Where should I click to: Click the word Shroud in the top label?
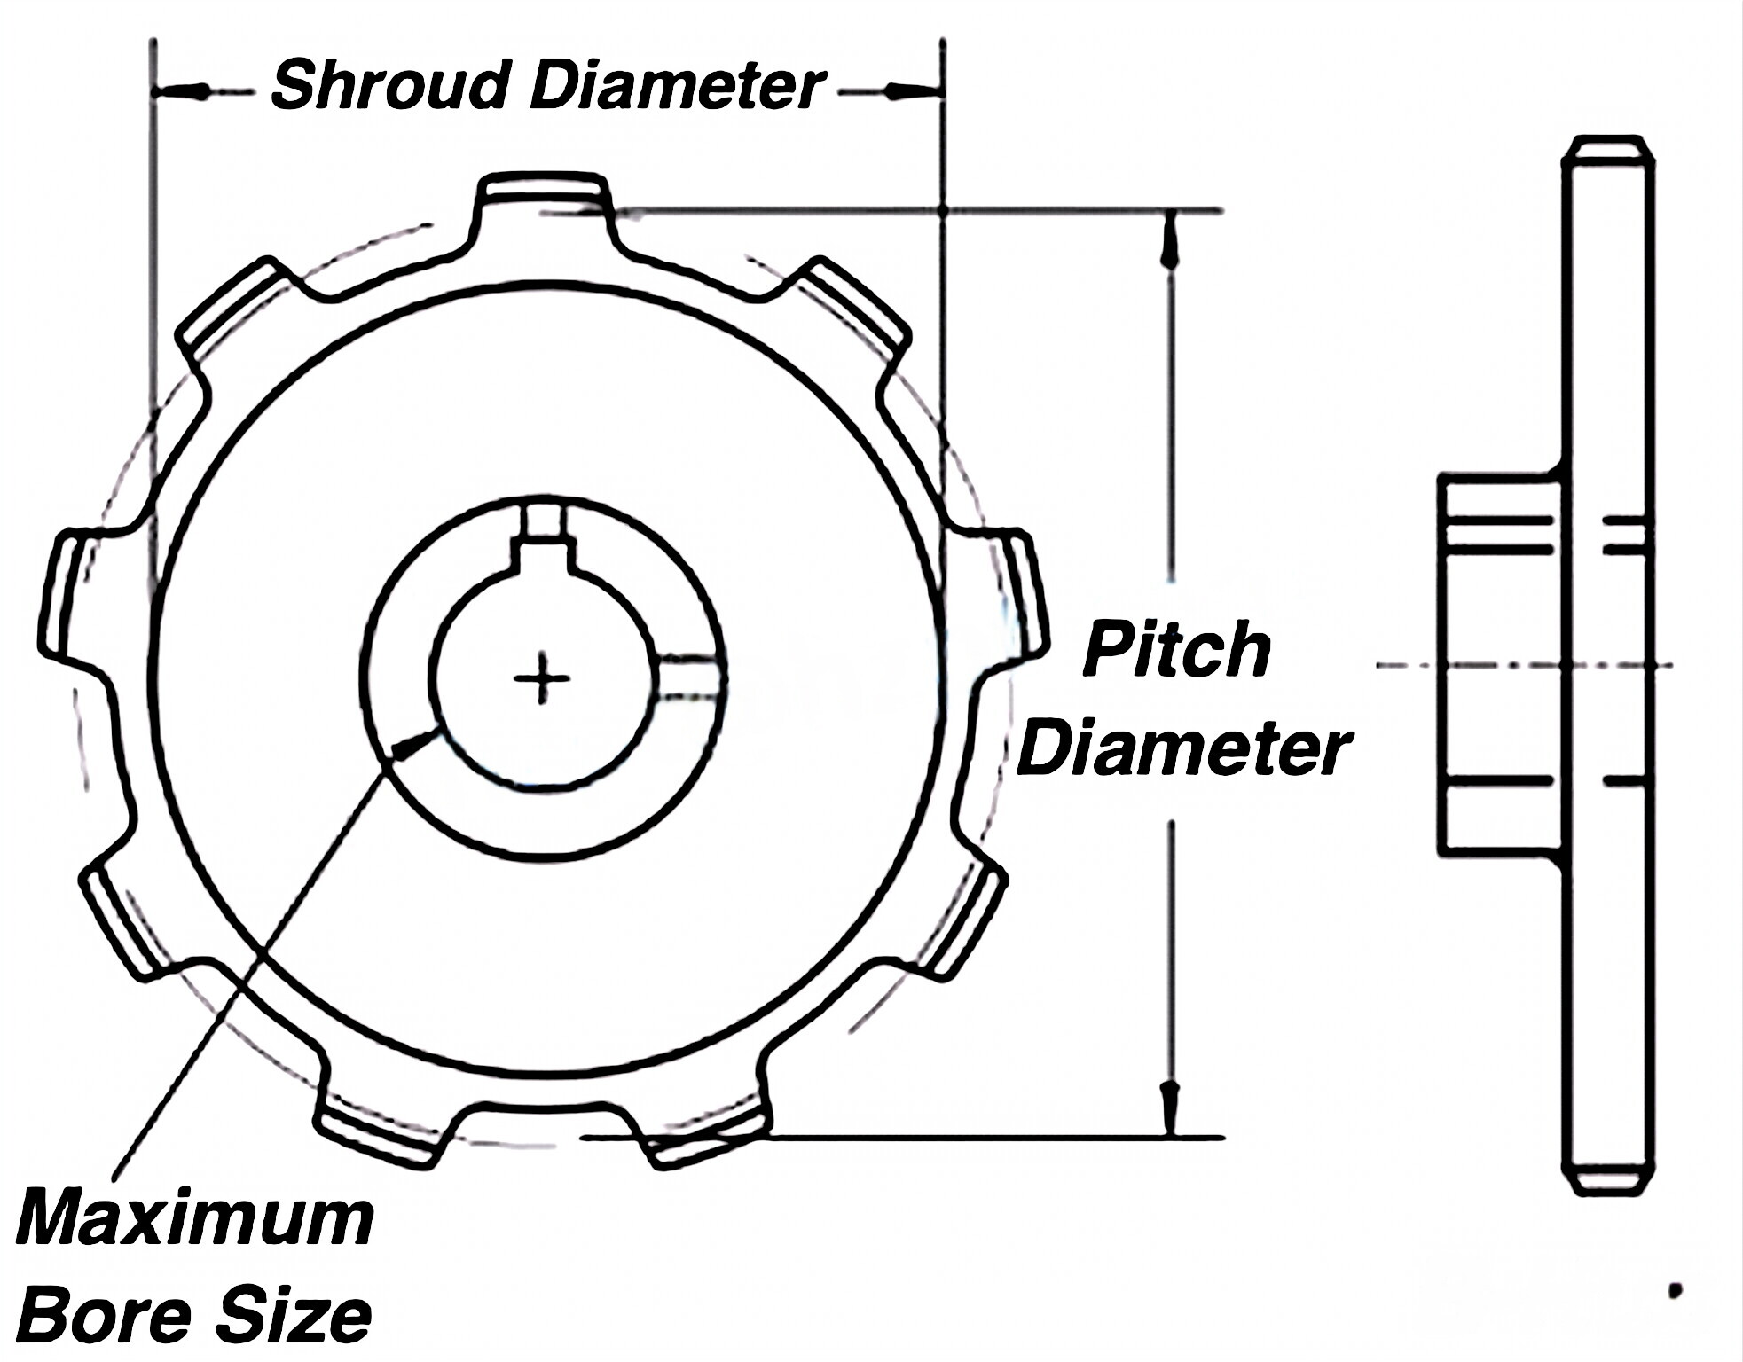389,85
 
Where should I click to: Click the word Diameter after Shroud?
677,85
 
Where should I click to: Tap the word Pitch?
1177,650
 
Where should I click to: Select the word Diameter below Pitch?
1182,750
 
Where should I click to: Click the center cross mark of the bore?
542,679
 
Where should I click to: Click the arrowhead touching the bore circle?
412,745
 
